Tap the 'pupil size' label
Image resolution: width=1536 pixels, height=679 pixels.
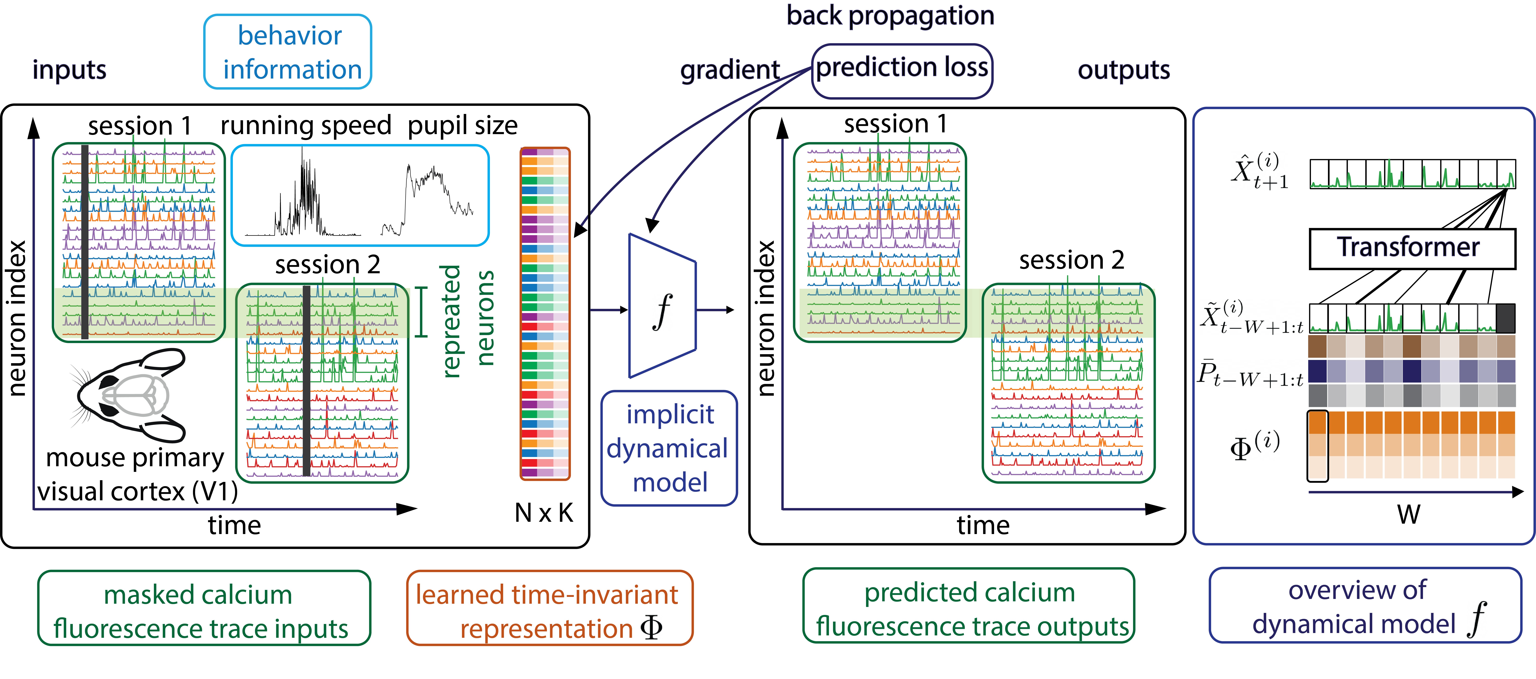tap(463, 126)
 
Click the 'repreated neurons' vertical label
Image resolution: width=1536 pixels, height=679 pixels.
tap(468, 321)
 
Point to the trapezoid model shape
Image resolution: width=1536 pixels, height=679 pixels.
tap(662, 306)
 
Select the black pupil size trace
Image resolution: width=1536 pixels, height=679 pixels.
tap(428, 197)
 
